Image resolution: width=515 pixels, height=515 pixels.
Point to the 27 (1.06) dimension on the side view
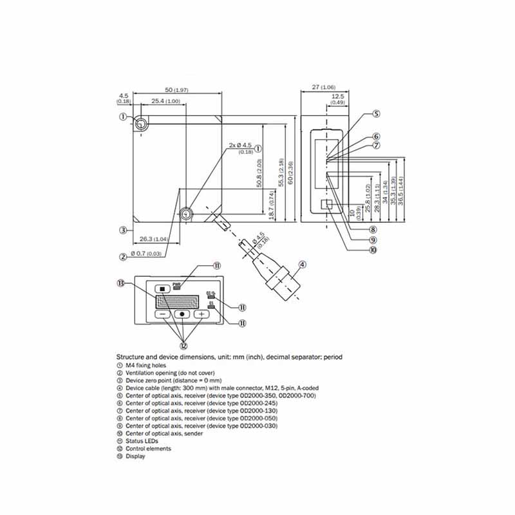pyautogui.click(x=324, y=87)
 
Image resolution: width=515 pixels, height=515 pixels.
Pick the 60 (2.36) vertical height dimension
pyautogui.click(x=290, y=172)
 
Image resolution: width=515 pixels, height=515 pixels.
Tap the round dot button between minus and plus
pyautogui.click(x=183, y=314)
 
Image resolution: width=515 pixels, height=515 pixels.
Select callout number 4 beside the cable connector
pyautogui.click(x=302, y=263)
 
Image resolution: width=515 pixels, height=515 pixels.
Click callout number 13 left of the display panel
pyautogui.click(x=121, y=284)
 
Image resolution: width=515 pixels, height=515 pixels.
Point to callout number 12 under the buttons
pyautogui.click(x=183, y=344)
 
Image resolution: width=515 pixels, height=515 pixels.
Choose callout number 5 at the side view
pyautogui.click(x=376, y=114)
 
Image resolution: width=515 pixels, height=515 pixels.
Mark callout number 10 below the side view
pyautogui.click(x=373, y=250)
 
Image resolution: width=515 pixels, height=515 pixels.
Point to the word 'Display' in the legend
pyautogui.click(x=135, y=456)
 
